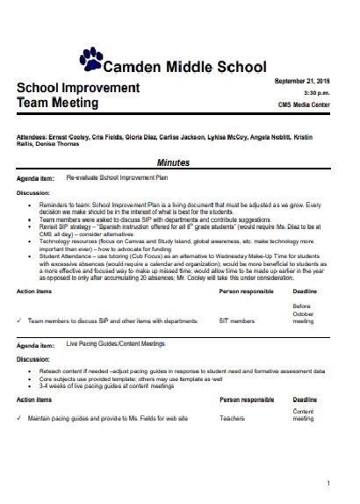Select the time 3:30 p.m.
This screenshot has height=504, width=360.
(317, 92)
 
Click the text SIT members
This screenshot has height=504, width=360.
(237, 321)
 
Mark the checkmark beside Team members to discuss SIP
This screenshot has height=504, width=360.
(19, 321)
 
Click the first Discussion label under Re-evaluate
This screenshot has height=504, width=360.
(34, 191)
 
